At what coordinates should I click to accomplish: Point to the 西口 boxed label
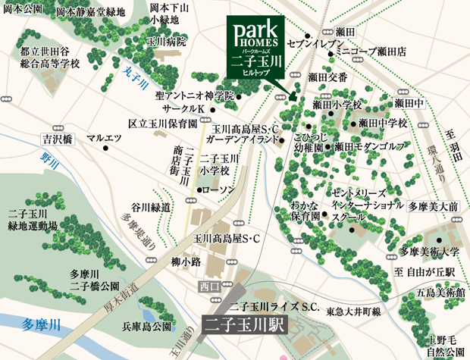point(209,286)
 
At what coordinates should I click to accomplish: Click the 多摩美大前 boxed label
point(433,206)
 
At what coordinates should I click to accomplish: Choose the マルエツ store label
point(104,139)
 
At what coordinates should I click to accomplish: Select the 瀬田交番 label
point(327,77)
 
